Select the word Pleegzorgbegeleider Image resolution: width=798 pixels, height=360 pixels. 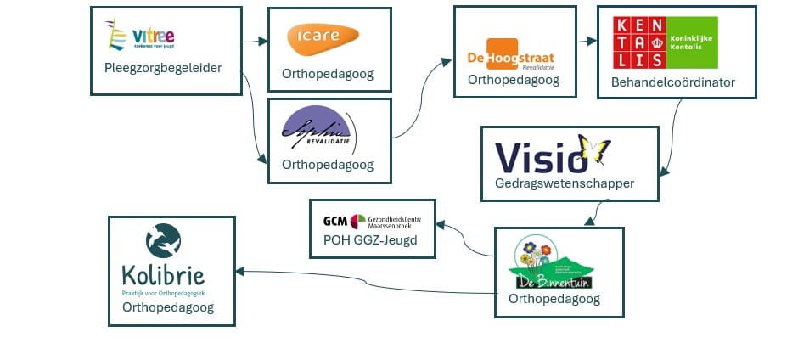coord(163,68)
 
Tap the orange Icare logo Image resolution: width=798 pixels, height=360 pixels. coord(323,37)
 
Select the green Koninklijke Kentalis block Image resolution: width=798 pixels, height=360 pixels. coord(688,43)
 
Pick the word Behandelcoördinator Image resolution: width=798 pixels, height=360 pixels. coord(673,82)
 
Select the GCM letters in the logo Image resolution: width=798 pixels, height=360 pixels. coord(335,222)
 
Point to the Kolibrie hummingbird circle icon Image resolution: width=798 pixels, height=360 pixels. coord(163,240)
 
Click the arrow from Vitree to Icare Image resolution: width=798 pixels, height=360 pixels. coord(254,41)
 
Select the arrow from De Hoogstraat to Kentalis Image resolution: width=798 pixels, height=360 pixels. coord(585,41)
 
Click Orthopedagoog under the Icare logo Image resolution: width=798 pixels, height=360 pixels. coord(327,74)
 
